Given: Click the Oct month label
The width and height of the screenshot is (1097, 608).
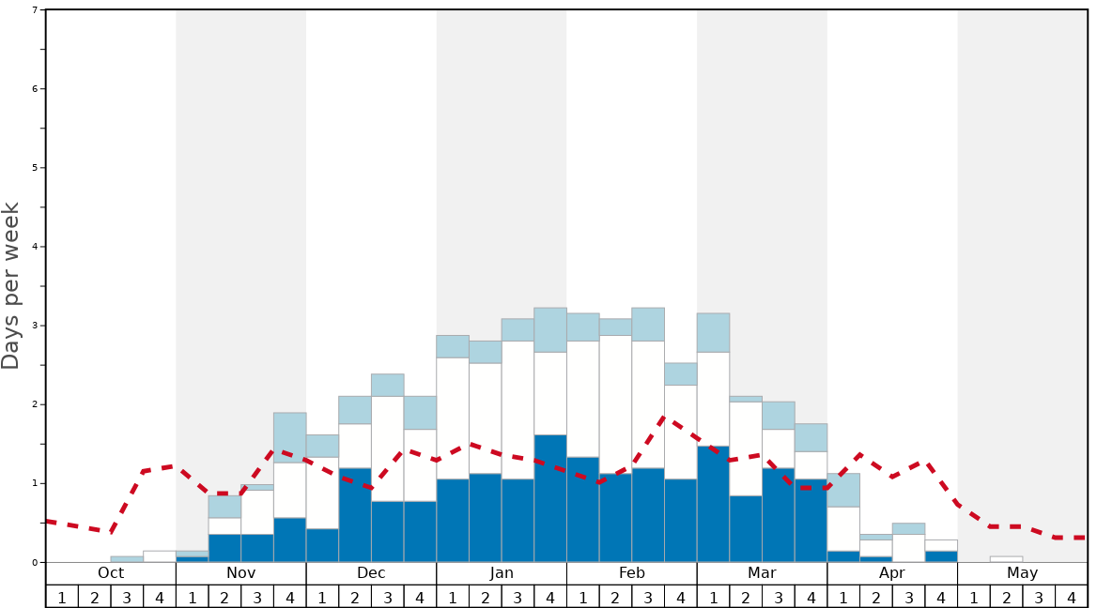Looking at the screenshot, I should pyautogui.click(x=111, y=573).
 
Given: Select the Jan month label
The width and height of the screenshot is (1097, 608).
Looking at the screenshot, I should pyautogui.click(x=502, y=573).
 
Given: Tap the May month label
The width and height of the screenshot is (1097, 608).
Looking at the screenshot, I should pyautogui.click(x=1023, y=573).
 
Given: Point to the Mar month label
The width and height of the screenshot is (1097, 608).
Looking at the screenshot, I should pyautogui.click(x=762, y=573).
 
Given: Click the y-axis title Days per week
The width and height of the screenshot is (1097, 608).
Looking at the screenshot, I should pyautogui.click(x=11, y=286).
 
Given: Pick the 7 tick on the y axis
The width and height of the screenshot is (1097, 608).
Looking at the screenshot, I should pyautogui.click(x=35, y=10).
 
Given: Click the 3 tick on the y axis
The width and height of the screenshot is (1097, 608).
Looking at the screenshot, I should pyautogui.click(x=35, y=326).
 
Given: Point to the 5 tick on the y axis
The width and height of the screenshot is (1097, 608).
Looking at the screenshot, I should pyautogui.click(x=35, y=168).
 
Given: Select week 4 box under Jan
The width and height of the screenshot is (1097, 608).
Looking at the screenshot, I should pyautogui.click(x=550, y=597).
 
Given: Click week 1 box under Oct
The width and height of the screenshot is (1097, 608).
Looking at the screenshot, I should pyautogui.click(x=62, y=597).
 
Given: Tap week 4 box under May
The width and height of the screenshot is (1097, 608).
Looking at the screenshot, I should pyautogui.click(x=1072, y=597).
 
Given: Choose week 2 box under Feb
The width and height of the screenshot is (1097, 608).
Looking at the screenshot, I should pyautogui.click(x=615, y=597).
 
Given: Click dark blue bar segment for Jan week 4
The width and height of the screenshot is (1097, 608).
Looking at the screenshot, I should pyautogui.click(x=550, y=498).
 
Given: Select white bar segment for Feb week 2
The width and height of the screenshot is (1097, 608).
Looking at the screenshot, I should pyautogui.click(x=615, y=404).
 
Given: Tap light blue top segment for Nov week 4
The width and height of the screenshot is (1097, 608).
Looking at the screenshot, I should pyautogui.click(x=289, y=437).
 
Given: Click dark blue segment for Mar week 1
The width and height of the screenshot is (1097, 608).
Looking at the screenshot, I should pyautogui.click(x=713, y=504).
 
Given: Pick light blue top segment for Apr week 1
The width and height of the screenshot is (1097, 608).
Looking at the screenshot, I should pyautogui.click(x=843, y=490).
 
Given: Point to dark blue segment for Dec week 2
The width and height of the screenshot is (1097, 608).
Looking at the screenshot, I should pyautogui.click(x=355, y=515).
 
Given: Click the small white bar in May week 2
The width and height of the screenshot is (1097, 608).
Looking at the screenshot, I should pyautogui.click(x=1006, y=559).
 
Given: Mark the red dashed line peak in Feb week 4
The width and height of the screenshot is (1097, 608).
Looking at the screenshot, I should pyautogui.click(x=664, y=418).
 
